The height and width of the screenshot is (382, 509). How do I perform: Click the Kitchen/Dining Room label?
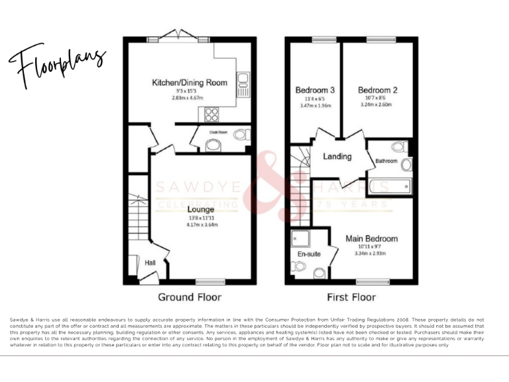coord(190,83)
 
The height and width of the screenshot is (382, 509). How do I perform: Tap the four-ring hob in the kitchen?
coord(213,114)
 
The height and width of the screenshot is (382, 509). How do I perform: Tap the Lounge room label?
coord(200,210)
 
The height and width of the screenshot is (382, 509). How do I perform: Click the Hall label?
coord(150,263)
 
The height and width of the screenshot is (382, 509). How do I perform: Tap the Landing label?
coord(337,157)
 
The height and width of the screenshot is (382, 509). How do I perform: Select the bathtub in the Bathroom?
coord(389,186)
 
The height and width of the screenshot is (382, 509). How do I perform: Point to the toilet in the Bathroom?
coord(399,147)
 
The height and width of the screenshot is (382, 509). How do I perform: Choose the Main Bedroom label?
coord(372,239)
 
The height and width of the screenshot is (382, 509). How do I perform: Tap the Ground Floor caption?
coord(190,297)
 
